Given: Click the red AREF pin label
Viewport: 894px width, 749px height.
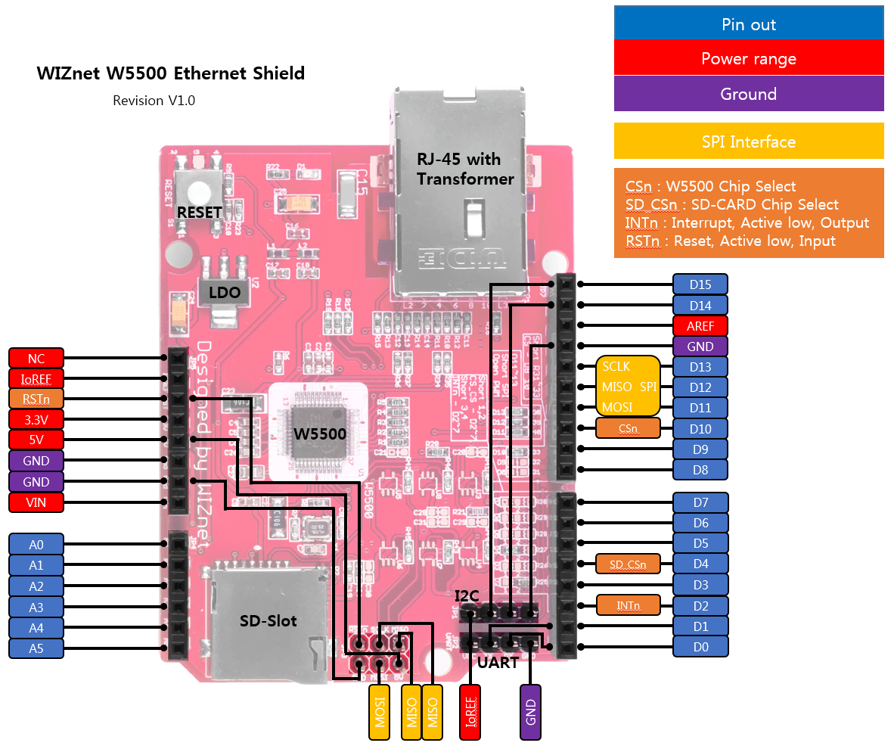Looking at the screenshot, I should tap(700, 326).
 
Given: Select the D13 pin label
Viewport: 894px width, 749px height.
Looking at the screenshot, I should tap(700, 367).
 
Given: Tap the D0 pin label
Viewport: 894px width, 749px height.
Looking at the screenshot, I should tap(700, 647).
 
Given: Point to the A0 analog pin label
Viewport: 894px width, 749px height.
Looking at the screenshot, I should tap(36, 544).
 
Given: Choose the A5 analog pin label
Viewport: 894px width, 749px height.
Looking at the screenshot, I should tap(36, 648).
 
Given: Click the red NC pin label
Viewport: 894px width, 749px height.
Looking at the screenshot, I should tap(36, 358).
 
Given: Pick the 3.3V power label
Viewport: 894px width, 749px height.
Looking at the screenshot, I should tap(36, 419).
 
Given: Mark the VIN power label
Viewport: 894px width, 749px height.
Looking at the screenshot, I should tap(36, 502).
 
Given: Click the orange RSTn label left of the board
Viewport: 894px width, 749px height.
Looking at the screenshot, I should tap(36, 399).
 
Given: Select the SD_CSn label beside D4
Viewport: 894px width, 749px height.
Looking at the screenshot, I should tap(628, 564).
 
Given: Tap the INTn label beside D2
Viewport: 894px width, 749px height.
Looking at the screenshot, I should tap(628, 605).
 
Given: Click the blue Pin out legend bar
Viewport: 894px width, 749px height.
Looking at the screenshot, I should tap(749, 24).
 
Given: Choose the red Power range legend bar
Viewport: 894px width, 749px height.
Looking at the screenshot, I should tap(749, 59).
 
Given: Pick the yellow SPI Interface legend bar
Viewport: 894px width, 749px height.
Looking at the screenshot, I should tap(749, 141).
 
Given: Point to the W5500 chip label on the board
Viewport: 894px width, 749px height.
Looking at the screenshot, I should tap(320, 434).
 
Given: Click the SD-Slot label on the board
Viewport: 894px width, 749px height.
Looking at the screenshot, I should tap(269, 621).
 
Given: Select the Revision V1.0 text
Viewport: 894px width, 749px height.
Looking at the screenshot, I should tap(154, 101).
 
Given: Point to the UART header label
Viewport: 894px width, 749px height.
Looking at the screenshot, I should tap(498, 663).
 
